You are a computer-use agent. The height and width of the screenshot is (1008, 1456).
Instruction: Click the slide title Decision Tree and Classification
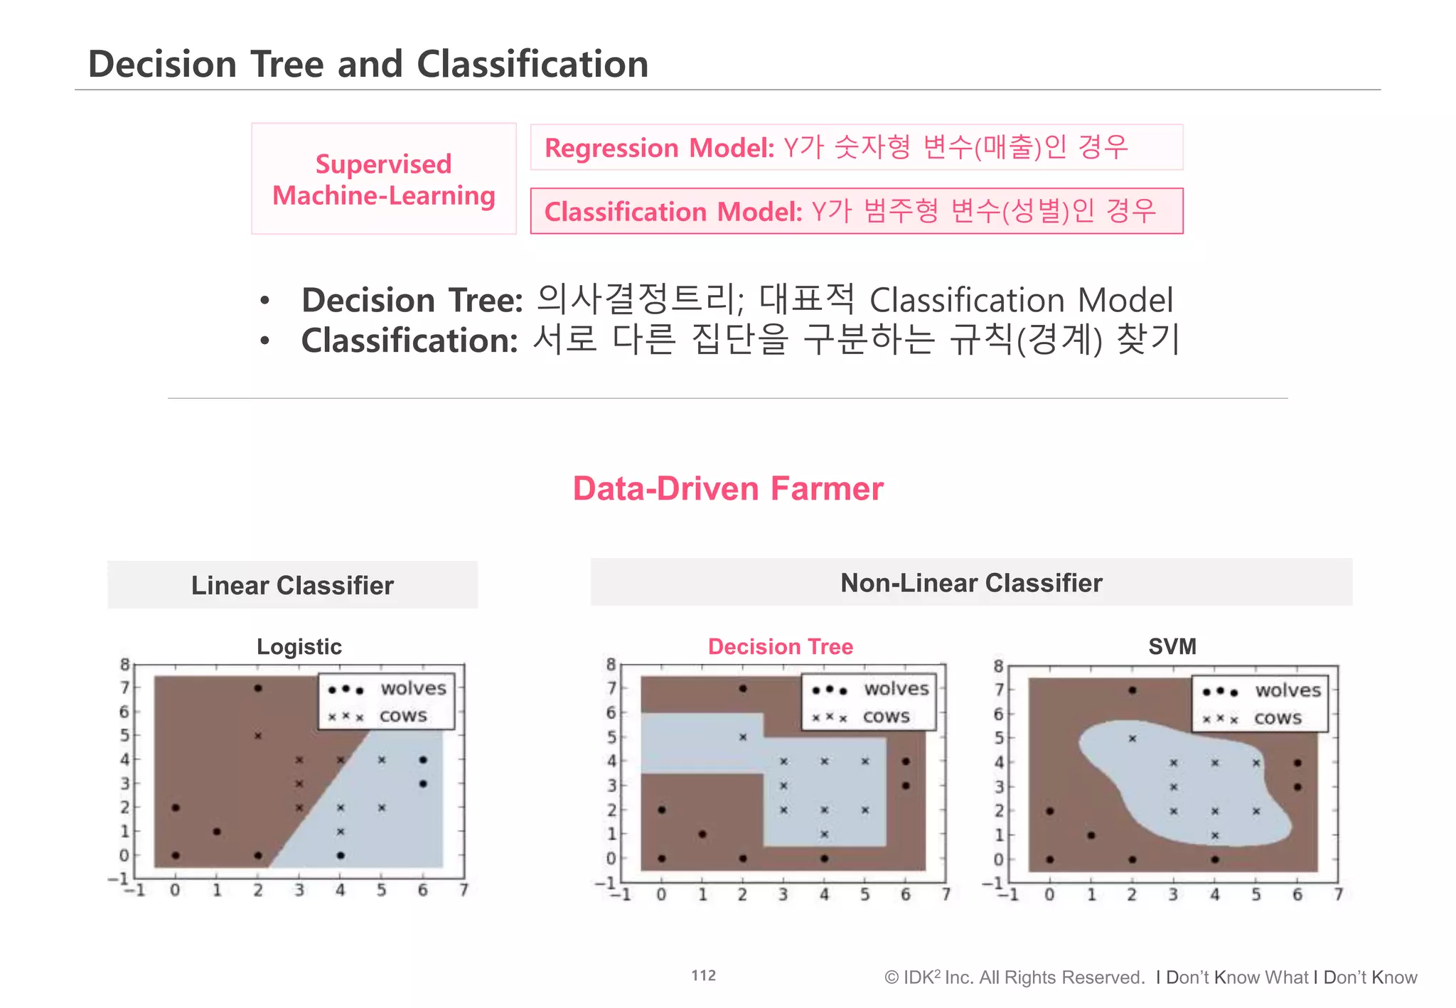(x=368, y=64)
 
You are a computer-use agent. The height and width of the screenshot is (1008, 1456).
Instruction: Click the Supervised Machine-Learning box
(x=383, y=179)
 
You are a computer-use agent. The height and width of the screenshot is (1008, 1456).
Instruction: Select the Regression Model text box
(x=856, y=148)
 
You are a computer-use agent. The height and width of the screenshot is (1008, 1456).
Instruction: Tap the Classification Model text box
(x=856, y=211)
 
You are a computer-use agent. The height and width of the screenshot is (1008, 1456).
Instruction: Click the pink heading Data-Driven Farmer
(x=727, y=489)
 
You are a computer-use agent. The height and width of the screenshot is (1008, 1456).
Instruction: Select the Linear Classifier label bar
(x=292, y=585)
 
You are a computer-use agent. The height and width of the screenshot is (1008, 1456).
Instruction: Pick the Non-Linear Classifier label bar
(x=970, y=583)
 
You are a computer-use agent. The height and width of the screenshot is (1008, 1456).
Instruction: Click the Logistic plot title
(x=299, y=646)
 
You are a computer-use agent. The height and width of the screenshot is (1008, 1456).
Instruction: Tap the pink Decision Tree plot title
(x=780, y=646)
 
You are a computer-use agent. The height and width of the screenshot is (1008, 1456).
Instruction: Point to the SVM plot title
(x=1172, y=646)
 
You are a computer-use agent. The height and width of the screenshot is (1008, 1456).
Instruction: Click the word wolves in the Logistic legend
(x=413, y=688)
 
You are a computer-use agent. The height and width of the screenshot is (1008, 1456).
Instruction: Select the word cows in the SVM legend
(x=1278, y=718)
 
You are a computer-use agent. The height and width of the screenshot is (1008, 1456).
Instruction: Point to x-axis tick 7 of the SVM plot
(x=1338, y=894)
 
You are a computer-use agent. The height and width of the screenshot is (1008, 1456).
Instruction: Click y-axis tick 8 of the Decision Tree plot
(x=611, y=665)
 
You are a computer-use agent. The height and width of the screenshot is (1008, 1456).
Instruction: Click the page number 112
(x=703, y=975)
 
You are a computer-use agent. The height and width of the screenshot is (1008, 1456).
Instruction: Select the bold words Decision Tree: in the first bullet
(x=412, y=300)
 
